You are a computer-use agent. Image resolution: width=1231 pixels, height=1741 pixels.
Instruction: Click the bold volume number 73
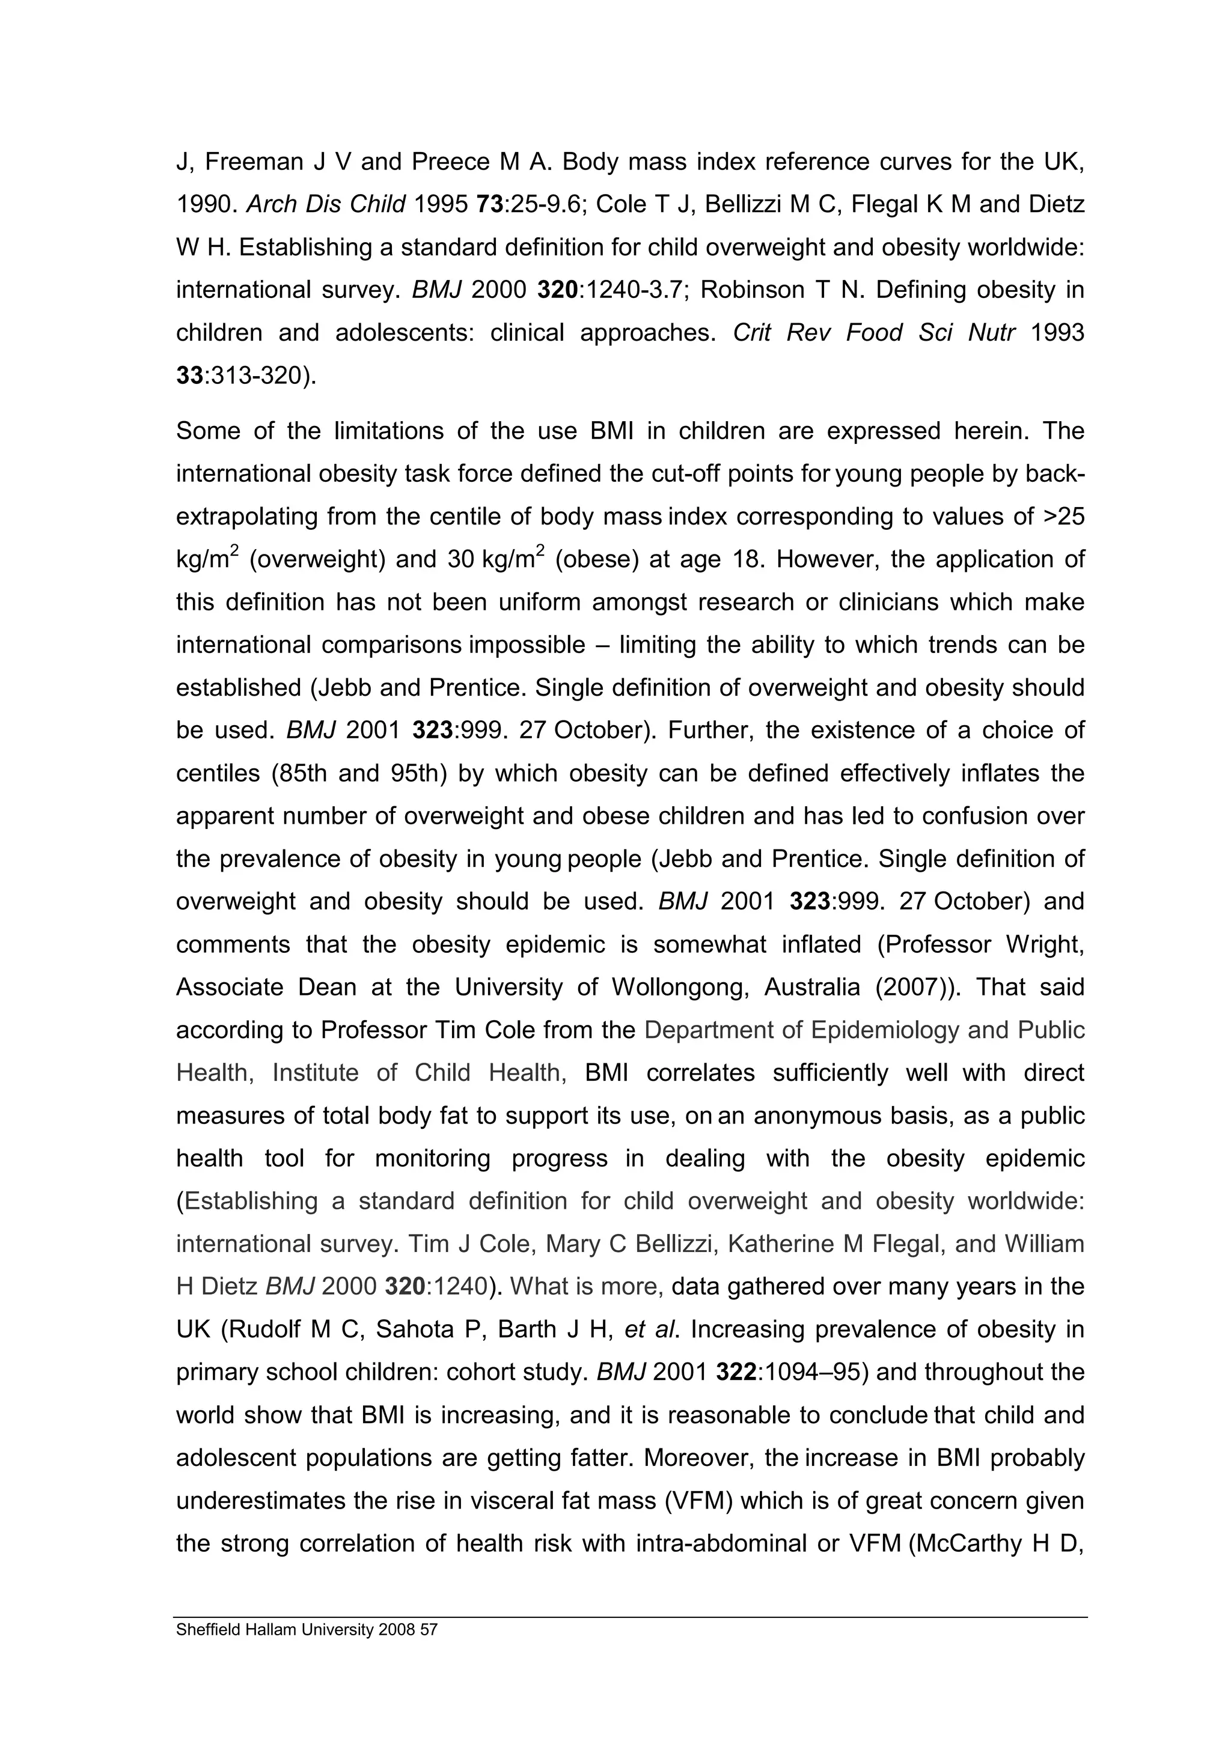[x=489, y=205]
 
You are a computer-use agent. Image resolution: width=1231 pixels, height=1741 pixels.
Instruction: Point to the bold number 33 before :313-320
[x=189, y=375]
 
